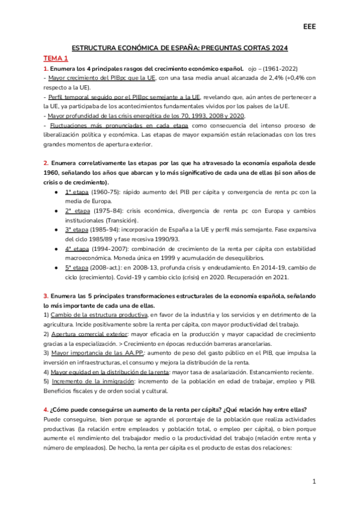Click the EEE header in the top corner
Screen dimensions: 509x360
[309, 27]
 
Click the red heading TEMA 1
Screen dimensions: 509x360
[56, 58]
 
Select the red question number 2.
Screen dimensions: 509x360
[46, 163]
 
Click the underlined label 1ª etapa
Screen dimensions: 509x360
[76, 191]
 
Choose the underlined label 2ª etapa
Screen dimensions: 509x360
[76, 211]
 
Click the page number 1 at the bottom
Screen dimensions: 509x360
[314, 482]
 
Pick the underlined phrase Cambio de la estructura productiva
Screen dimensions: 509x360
[98, 315]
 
